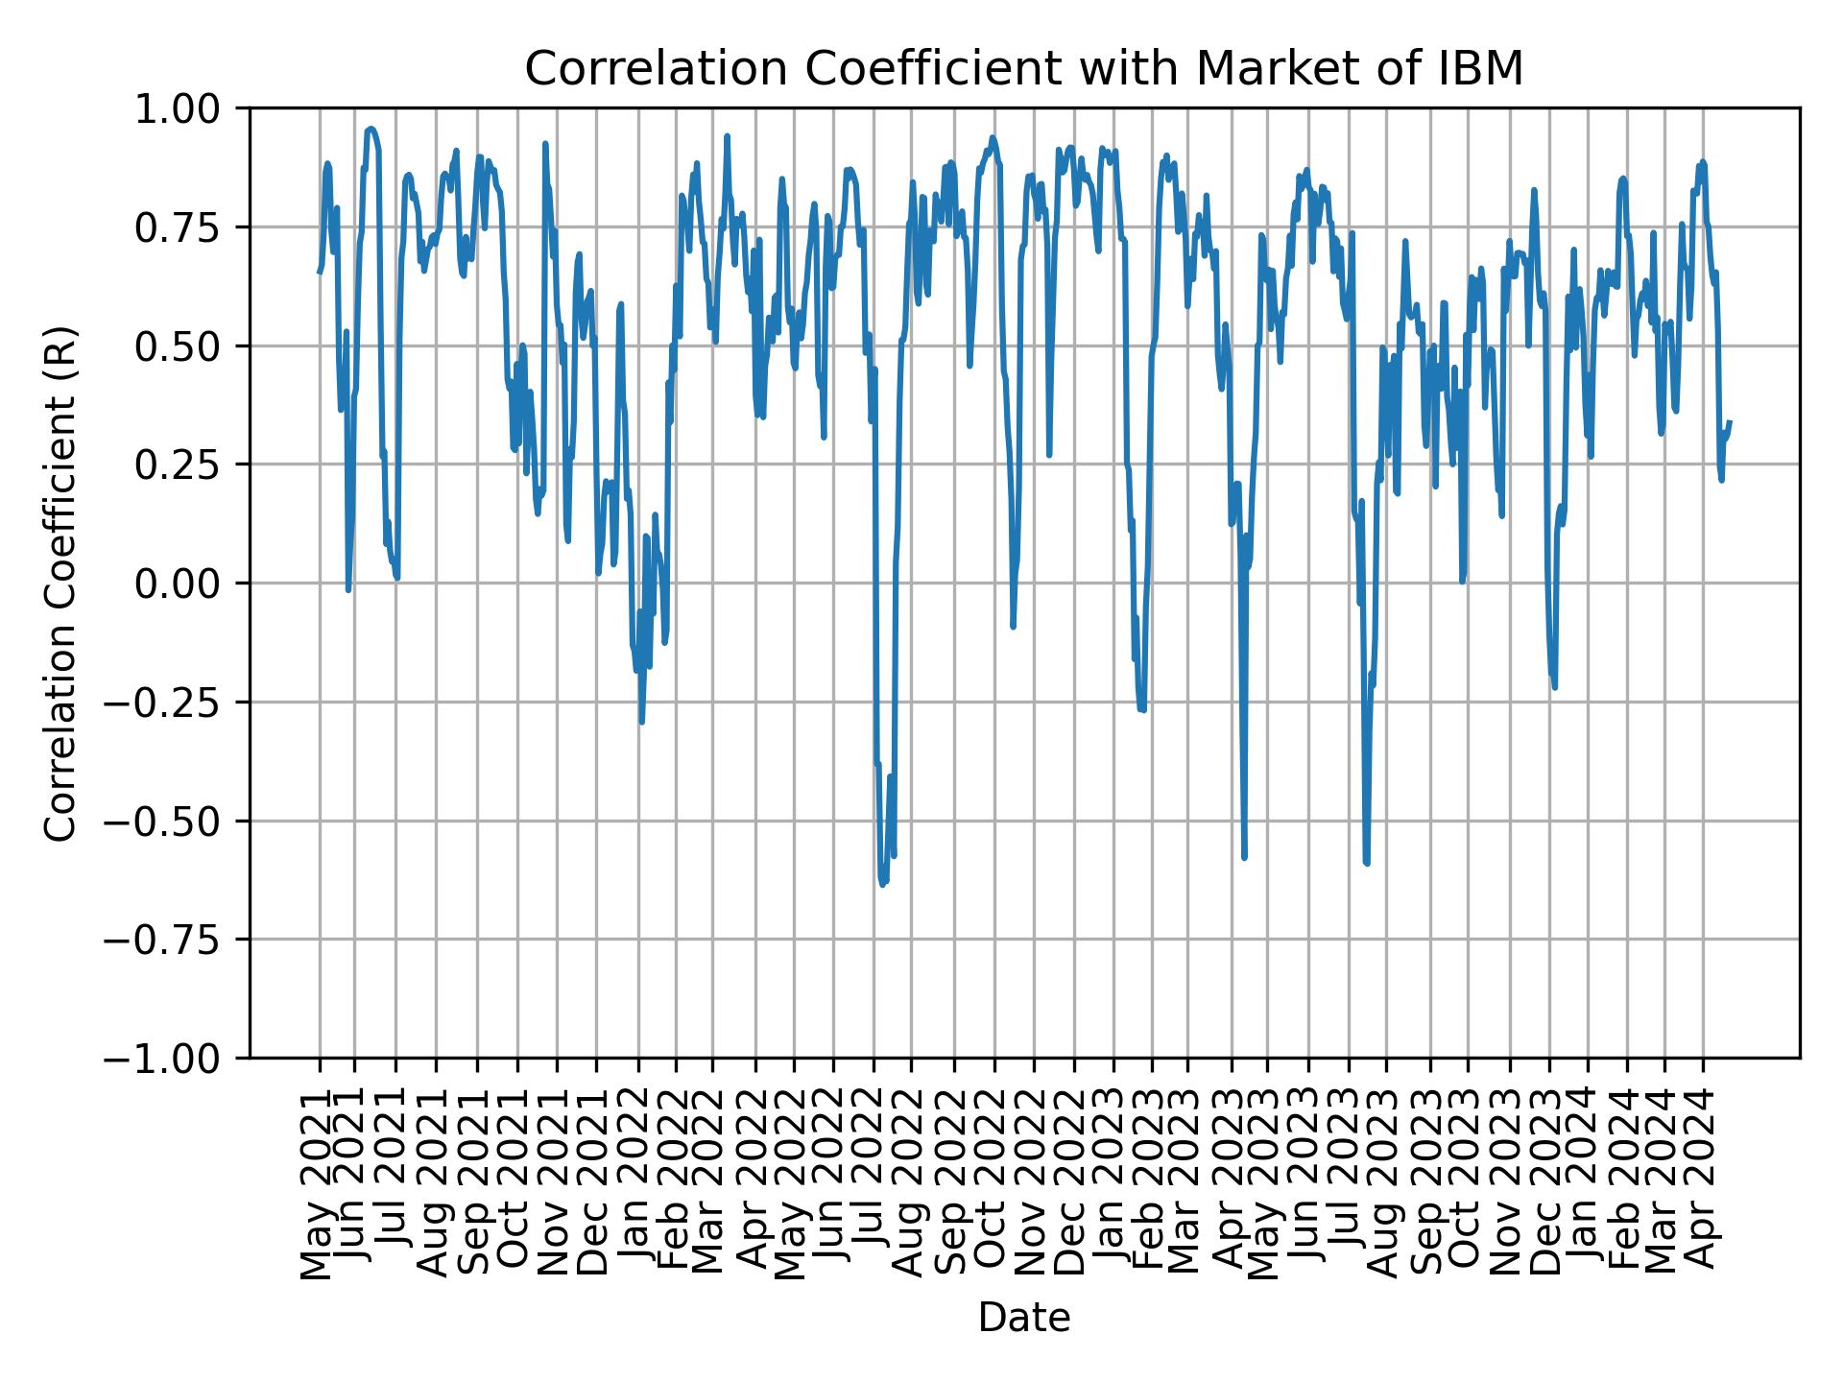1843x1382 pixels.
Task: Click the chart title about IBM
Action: (1023, 69)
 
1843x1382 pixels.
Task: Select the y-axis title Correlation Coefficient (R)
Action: (60, 584)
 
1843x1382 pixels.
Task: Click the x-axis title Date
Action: (1023, 1319)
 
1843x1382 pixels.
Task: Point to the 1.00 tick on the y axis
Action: (189, 108)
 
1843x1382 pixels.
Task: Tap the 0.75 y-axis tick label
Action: (189, 227)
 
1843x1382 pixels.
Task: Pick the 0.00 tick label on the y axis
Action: (189, 584)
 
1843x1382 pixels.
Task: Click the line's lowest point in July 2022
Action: (882, 884)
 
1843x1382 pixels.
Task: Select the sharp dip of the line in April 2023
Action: (1244, 857)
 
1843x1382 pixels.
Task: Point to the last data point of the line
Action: (1730, 421)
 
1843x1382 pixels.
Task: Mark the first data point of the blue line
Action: (320, 273)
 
